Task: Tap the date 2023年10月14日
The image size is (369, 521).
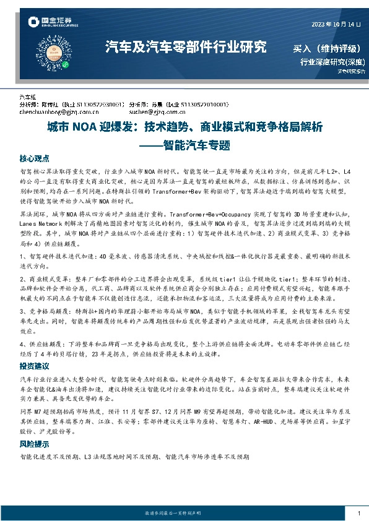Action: coord(335,24)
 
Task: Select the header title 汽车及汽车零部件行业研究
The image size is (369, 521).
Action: coord(186,46)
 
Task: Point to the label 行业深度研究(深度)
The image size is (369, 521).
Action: coord(332,62)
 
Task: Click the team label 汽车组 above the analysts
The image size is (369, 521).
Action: coord(28,98)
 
